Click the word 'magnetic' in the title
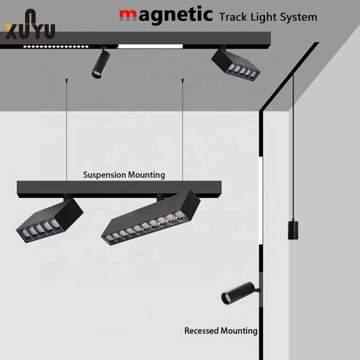click(x=165, y=14)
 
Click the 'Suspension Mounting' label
click(x=124, y=175)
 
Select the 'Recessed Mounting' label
click(x=220, y=330)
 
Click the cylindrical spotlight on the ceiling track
click(x=100, y=63)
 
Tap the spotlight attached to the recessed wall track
click(x=238, y=293)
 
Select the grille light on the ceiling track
click(x=235, y=63)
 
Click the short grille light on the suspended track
click(x=49, y=220)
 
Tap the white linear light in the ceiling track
click(x=150, y=46)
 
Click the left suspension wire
click(x=66, y=130)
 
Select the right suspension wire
click(x=182, y=130)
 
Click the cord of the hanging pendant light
click(x=293, y=150)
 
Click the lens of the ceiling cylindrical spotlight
click(x=96, y=75)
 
